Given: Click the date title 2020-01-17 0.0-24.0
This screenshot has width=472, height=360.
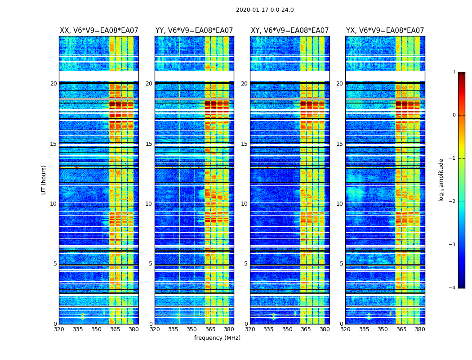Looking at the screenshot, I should (x=265, y=10).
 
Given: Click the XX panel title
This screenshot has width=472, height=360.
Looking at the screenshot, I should (x=99, y=31).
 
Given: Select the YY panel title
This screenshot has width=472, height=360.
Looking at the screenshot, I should (x=194, y=31).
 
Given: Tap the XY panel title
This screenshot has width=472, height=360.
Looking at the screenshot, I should (x=290, y=31).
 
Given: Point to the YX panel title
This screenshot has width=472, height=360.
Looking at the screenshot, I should (x=385, y=31).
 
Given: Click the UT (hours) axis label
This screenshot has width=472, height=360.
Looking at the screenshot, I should (x=44, y=180).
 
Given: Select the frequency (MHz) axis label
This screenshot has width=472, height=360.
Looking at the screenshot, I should (x=217, y=338).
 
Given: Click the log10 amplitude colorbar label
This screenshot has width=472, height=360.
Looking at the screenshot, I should (x=441, y=180).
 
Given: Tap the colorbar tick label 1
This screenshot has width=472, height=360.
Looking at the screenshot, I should (x=454, y=72).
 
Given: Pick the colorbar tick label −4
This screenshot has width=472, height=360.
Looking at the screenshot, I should (x=453, y=288).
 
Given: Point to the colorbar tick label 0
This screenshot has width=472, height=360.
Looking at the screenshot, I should (x=454, y=115).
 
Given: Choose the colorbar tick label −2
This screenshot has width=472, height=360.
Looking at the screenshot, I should (x=453, y=202).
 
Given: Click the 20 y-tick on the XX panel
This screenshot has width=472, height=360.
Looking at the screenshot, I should (x=53, y=84).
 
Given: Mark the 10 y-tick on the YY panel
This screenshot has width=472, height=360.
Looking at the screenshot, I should (x=149, y=204).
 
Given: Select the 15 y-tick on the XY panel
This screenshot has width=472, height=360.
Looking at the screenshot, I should (x=244, y=144).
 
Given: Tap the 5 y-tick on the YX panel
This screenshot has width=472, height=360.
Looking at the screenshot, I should (x=341, y=264).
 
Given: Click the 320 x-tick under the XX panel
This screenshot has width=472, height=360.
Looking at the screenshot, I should (x=59, y=329).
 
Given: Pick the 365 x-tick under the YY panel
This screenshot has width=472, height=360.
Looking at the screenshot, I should (x=211, y=329).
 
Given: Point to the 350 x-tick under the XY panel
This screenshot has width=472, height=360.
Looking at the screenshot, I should (x=287, y=329).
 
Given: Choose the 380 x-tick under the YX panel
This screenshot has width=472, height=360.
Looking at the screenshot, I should (x=420, y=329).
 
